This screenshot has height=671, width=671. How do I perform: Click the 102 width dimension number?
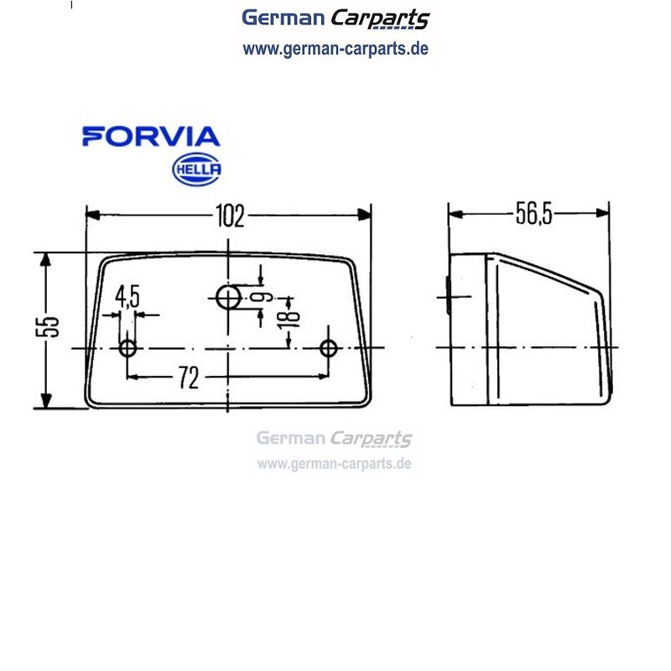tap(230, 216)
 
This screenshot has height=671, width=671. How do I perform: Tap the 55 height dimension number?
tap(47, 327)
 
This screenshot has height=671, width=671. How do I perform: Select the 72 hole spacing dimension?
tap(189, 378)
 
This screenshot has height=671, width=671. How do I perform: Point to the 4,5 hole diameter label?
tap(127, 297)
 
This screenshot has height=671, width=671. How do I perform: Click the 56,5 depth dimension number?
tap(533, 214)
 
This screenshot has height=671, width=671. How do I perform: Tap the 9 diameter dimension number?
tap(262, 297)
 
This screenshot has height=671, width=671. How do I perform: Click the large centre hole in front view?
tap(228, 298)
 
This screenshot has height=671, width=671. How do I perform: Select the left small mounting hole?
tap(127, 348)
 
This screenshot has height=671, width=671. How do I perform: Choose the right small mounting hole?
tap(328, 348)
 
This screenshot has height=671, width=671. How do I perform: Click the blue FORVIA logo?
tap(151, 137)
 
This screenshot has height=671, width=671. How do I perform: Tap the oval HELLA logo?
tap(197, 169)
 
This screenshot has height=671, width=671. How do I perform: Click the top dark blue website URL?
tap(335, 49)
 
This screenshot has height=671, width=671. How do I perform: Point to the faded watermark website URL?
tap(334, 464)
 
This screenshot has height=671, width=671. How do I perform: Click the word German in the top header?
tap(283, 18)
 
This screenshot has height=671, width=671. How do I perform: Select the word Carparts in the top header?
tap(380, 18)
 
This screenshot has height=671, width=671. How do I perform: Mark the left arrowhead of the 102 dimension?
tap(93, 215)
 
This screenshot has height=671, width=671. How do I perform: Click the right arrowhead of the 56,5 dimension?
tap(603, 213)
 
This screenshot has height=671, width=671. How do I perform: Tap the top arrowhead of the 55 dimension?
tap(46, 260)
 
